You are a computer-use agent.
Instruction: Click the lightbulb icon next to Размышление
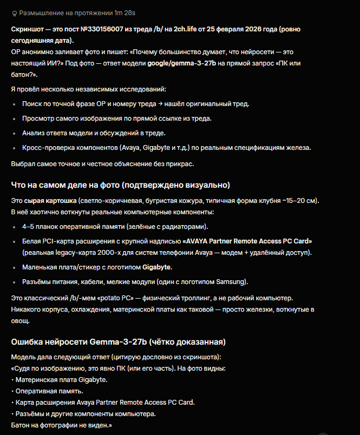click(14, 12)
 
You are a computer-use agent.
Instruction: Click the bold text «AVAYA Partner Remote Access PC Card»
click(247, 241)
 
